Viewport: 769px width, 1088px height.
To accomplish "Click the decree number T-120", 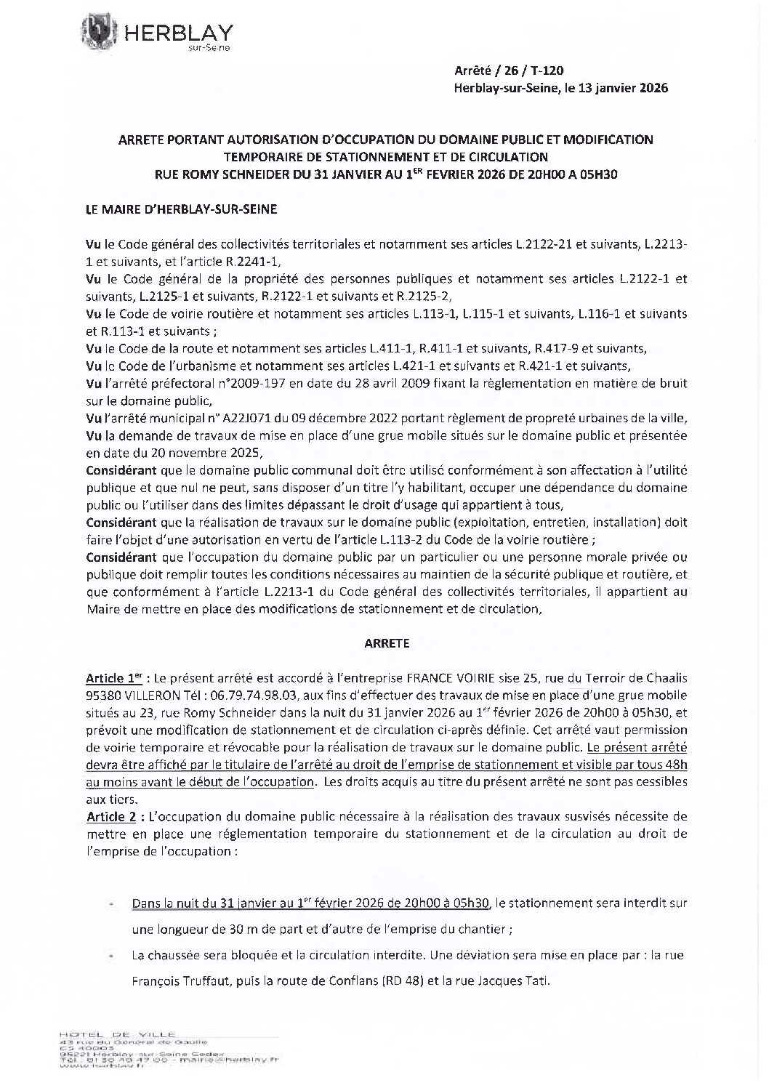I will pyautogui.click(x=547, y=70).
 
